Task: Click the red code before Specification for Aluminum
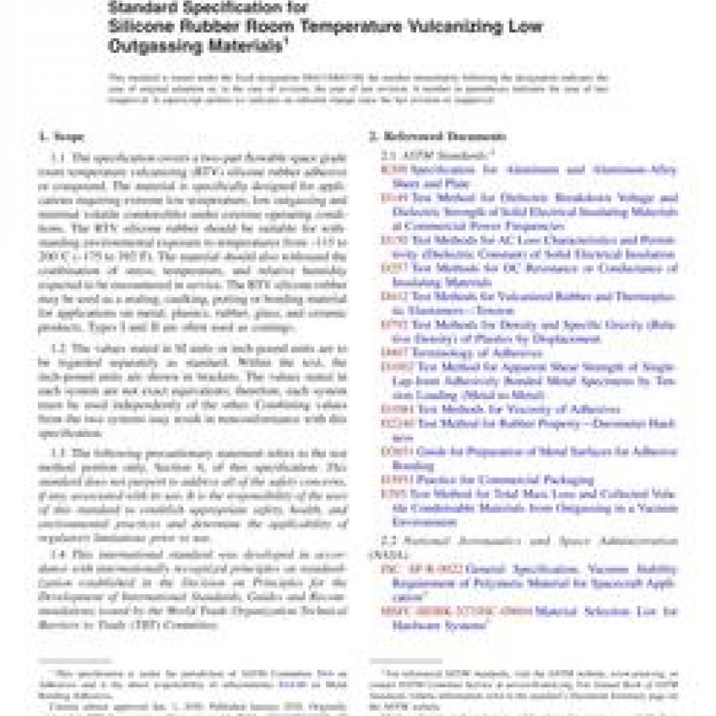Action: (393, 170)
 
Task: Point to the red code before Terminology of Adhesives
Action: (392, 353)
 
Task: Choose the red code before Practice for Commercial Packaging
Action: (392, 479)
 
